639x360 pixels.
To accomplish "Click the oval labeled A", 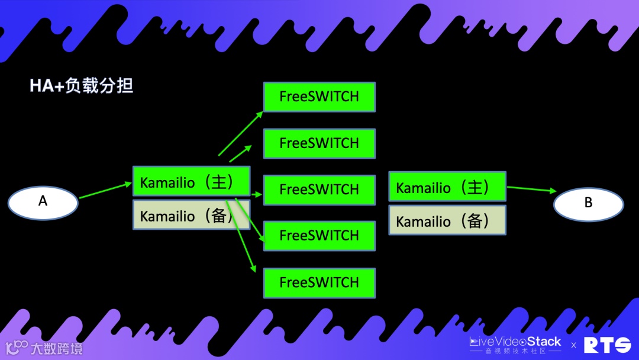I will tap(43, 202).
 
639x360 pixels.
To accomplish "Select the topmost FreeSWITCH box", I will tap(319, 97).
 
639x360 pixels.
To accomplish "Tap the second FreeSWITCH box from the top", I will tap(319, 143).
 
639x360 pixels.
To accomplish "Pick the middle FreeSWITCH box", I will tap(319, 189).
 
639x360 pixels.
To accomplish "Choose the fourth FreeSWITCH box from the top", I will tap(319, 236).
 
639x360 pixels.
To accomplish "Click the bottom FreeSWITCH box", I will tap(319, 282).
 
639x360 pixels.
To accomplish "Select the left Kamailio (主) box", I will tap(191, 181).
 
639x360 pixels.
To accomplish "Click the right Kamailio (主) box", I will tap(447, 187).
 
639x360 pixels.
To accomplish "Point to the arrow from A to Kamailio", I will tap(105, 191).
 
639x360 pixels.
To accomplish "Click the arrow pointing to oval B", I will tap(531, 189).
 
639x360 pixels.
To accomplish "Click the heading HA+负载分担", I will tap(82, 86).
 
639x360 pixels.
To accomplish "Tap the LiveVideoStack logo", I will tap(515, 343).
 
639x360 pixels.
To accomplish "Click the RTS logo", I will tap(607, 345).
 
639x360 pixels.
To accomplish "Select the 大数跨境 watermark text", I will tap(56, 348).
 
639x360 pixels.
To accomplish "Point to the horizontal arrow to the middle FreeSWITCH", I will tap(256, 194).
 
